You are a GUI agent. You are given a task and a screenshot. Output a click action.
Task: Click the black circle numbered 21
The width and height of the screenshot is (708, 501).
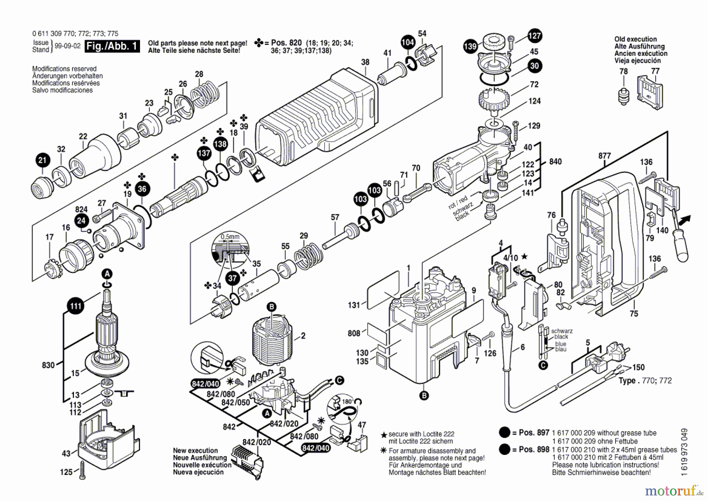(x=42, y=160)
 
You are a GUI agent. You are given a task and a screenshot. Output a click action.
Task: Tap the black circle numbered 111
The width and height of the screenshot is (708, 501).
(x=76, y=306)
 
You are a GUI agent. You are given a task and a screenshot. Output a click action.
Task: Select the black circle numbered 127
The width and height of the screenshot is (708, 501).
(x=535, y=36)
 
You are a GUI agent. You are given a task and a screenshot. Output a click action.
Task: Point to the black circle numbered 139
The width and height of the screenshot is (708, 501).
(x=470, y=46)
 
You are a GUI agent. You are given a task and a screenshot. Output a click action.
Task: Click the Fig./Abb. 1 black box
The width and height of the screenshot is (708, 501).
(x=112, y=46)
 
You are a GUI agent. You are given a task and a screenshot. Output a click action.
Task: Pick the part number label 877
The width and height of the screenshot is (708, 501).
(x=605, y=156)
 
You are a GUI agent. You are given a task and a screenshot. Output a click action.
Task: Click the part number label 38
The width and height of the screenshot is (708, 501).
(x=365, y=62)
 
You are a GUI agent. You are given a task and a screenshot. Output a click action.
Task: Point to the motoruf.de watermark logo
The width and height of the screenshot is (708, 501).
(x=674, y=491)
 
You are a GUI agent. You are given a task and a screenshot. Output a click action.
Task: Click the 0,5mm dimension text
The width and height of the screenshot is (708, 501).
(x=230, y=237)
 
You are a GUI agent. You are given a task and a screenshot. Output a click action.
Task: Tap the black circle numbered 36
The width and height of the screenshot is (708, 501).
(x=142, y=189)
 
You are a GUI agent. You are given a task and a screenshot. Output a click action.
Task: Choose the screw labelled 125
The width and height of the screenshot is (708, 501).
(x=83, y=471)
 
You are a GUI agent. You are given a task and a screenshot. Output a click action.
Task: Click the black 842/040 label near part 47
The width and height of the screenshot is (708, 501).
(x=315, y=448)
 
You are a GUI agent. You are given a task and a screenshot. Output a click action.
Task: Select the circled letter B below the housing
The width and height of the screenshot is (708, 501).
(x=424, y=396)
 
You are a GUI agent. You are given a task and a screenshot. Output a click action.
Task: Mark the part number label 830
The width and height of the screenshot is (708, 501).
(x=48, y=365)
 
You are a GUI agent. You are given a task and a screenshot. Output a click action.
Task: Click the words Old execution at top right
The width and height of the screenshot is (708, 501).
(x=636, y=39)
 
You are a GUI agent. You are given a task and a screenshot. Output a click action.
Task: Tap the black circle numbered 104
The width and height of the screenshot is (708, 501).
(x=408, y=43)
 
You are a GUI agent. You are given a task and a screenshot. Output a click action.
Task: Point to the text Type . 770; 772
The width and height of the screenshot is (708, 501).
(x=645, y=380)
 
